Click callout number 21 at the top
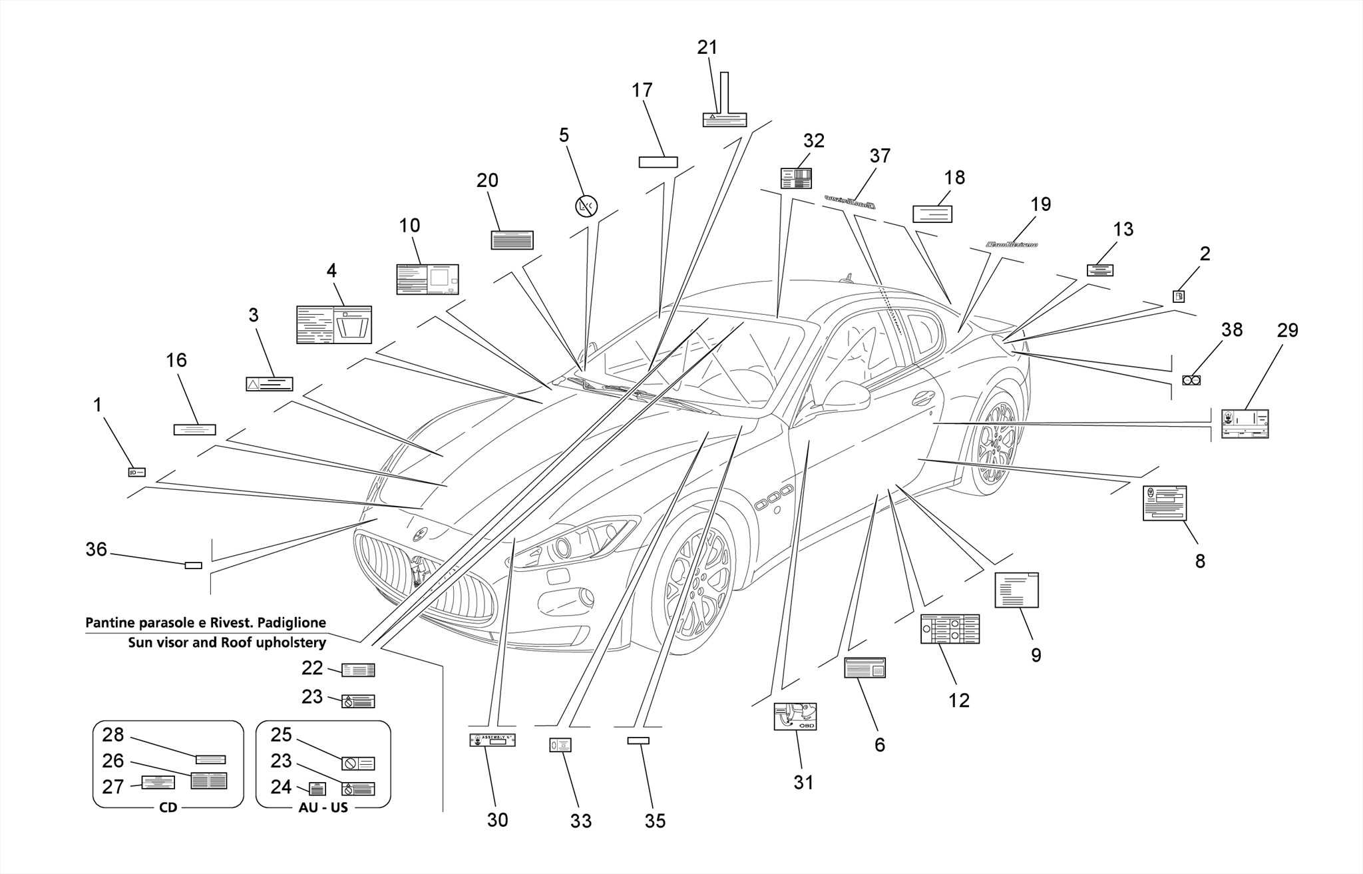tap(707, 47)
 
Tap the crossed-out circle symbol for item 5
tap(586, 206)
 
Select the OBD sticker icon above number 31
tap(795, 717)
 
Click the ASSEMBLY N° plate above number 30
tap(492, 740)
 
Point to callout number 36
tap(96, 549)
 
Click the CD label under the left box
tap(168, 807)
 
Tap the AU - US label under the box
tap(322, 807)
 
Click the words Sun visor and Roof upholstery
tap(227, 642)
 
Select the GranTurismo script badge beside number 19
tap(1012, 245)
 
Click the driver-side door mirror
tap(845, 397)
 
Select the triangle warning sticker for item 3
tap(270, 383)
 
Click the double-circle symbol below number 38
tap(1191, 380)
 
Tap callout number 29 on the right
tap(1287, 330)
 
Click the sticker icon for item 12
tap(950, 629)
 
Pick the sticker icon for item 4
tap(333, 325)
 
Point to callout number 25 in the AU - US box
tap(281, 735)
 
